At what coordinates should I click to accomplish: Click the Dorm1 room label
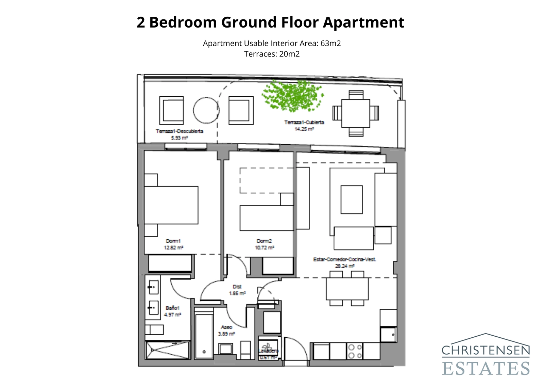point(173,241)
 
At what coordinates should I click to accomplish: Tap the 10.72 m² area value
point(265,248)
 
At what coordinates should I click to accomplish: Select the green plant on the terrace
point(292,96)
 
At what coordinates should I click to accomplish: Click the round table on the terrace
point(206,110)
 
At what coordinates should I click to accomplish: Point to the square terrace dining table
point(355,113)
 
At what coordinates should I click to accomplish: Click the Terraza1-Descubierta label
point(180,131)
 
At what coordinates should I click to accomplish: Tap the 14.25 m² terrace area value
point(304,129)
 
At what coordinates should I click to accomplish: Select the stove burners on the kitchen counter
point(355,351)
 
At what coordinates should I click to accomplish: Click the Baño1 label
point(172,308)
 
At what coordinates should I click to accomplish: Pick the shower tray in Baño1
point(167,350)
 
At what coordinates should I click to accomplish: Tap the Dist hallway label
point(237,287)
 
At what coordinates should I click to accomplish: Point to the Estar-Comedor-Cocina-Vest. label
point(344,259)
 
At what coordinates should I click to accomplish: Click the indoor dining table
point(347,289)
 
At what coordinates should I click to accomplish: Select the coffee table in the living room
point(352,199)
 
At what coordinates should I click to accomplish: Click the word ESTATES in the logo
point(486,369)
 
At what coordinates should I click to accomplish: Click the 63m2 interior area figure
point(330,44)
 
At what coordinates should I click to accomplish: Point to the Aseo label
point(226,327)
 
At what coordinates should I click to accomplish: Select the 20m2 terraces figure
point(289,54)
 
